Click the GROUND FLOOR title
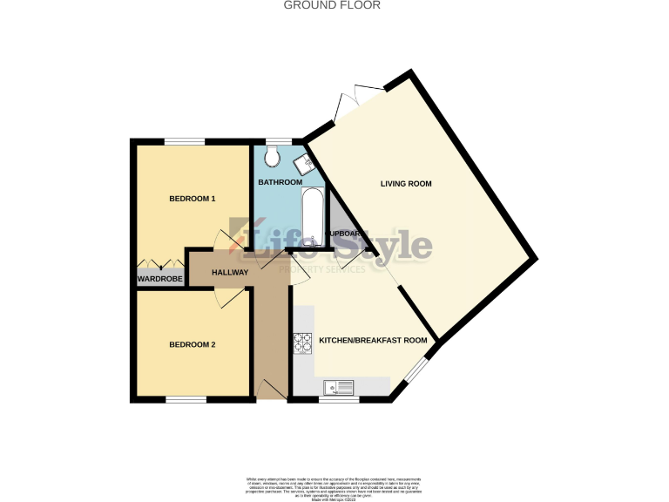(x=333, y=5)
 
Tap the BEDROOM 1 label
(x=192, y=199)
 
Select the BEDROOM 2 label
(x=192, y=344)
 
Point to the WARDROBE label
(x=159, y=279)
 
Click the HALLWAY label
(x=231, y=273)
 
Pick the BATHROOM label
(x=280, y=182)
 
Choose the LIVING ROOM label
(x=406, y=183)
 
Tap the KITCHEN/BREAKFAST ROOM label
(x=373, y=340)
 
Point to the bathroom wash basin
(x=304, y=163)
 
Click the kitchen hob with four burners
(x=303, y=344)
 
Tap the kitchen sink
(x=336, y=387)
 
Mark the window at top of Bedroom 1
(x=185, y=141)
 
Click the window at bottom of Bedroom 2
(x=186, y=399)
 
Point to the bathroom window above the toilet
(x=279, y=141)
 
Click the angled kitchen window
(x=416, y=370)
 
